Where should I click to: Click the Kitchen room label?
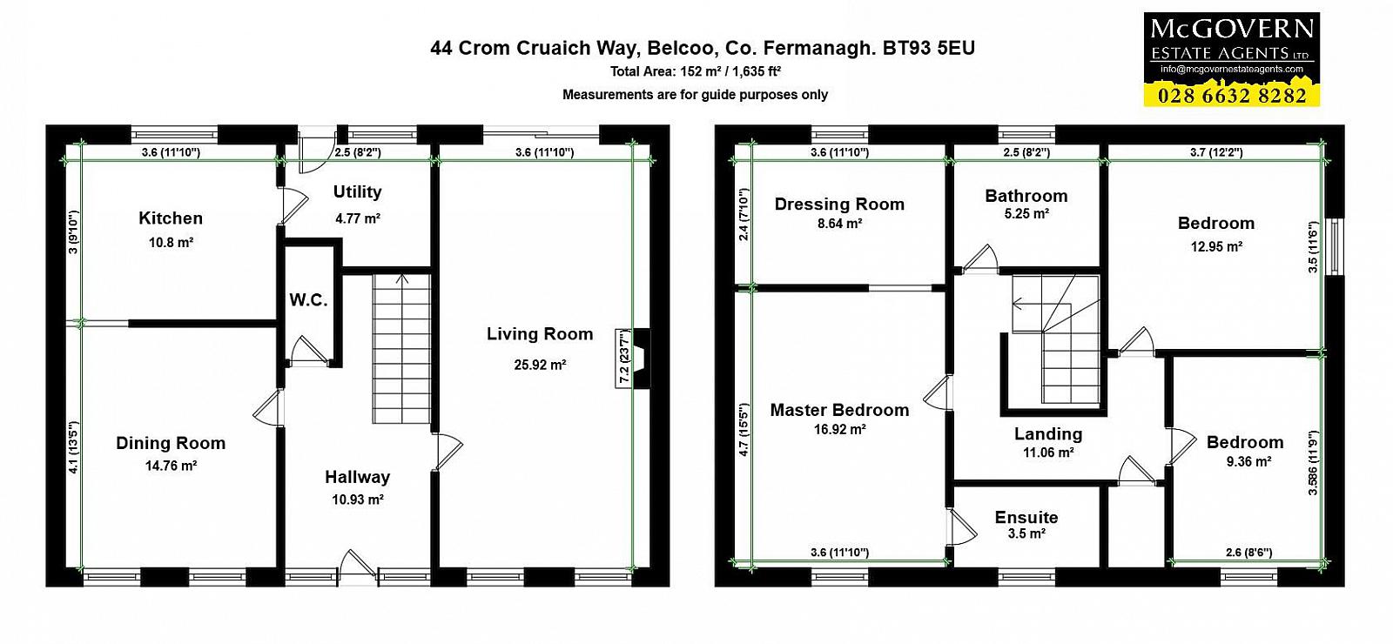pyautogui.click(x=171, y=218)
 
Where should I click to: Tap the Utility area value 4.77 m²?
pyautogui.click(x=357, y=218)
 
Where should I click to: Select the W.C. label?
pyautogui.click(x=308, y=300)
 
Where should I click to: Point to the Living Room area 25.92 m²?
pyautogui.click(x=540, y=365)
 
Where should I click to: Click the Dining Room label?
pyautogui.click(x=171, y=443)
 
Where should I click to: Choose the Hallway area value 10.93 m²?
pyautogui.click(x=358, y=500)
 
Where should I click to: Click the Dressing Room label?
pyautogui.click(x=839, y=205)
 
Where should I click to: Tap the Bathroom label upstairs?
pyautogui.click(x=1026, y=196)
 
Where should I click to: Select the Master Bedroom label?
pyautogui.click(x=839, y=410)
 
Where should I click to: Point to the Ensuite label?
pyautogui.click(x=1026, y=517)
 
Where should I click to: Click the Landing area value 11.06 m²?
pyautogui.click(x=1048, y=453)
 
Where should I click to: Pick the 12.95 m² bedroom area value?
pyautogui.click(x=1216, y=247)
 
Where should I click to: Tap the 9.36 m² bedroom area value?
pyautogui.click(x=1248, y=462)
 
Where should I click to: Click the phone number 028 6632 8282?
pyautogui.click(x=1232, y=96)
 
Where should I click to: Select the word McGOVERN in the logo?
pyautogui.click(x=1232, y=30)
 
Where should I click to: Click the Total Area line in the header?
pyautogui.click(x=696, y=71)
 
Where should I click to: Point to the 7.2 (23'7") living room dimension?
pyautogui.click(x=624, y=358)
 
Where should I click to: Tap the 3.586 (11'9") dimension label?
pyautogui.click(x=1312, y=463)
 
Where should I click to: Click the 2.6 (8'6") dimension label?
pyautogui.click(x=1248, y=553)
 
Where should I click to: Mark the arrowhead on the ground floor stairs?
pyautogui.click(x=402, y=278)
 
